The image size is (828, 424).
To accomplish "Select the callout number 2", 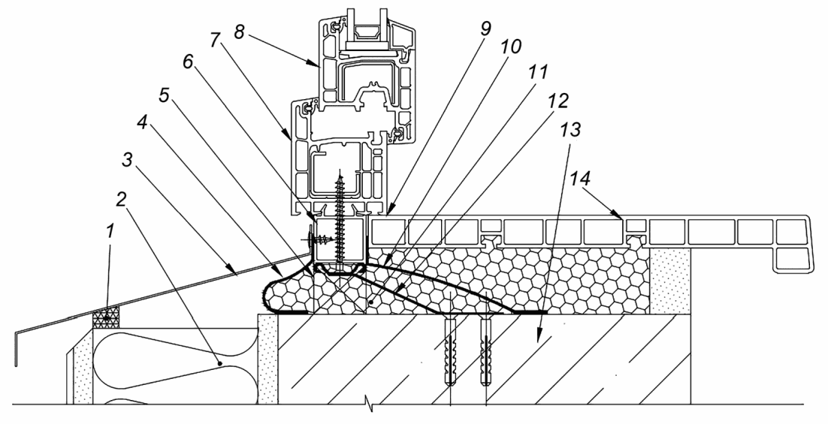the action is tap(122, 200).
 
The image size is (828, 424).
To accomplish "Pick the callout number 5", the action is tap(165, 95).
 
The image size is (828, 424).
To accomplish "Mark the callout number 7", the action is tap(214, 40).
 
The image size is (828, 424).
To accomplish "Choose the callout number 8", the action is tap(239, 32).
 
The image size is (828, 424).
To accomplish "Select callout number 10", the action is tap(511, 47).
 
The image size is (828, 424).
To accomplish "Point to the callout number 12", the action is tap(558, 101).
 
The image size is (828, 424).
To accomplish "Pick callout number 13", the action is tap(571, 128).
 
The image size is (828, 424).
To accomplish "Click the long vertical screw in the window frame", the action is tap(340, 221).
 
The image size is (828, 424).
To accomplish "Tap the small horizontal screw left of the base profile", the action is tap(319, 240).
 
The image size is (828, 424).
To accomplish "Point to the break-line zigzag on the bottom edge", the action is tap(372, 405).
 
